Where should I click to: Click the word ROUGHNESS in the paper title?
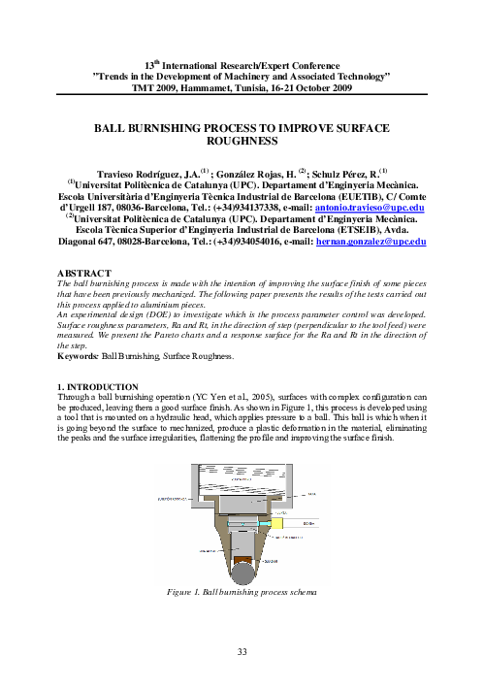pos(242,140)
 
